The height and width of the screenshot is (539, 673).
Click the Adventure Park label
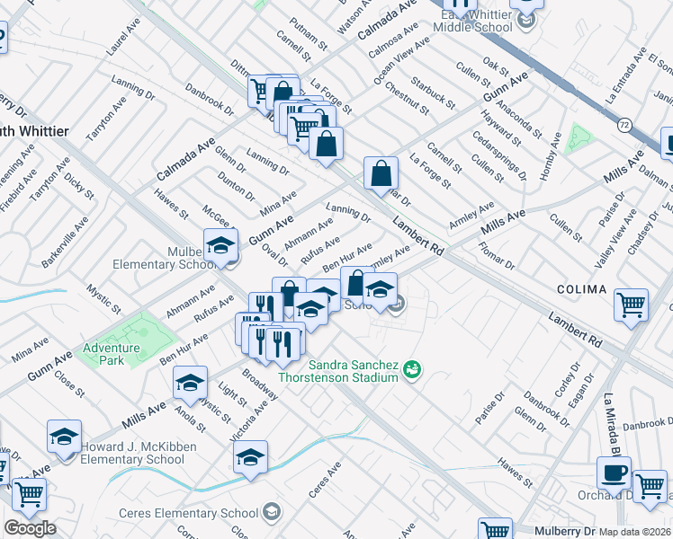(112, 354)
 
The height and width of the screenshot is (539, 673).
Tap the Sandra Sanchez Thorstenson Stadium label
(353, 371)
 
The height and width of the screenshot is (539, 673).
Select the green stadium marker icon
(412, 369)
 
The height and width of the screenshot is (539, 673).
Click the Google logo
(30, 528)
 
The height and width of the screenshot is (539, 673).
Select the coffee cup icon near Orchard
(615, 473)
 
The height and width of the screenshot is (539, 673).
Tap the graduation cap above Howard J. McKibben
(64, 437)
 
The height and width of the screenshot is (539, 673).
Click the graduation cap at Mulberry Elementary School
(220, 245)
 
